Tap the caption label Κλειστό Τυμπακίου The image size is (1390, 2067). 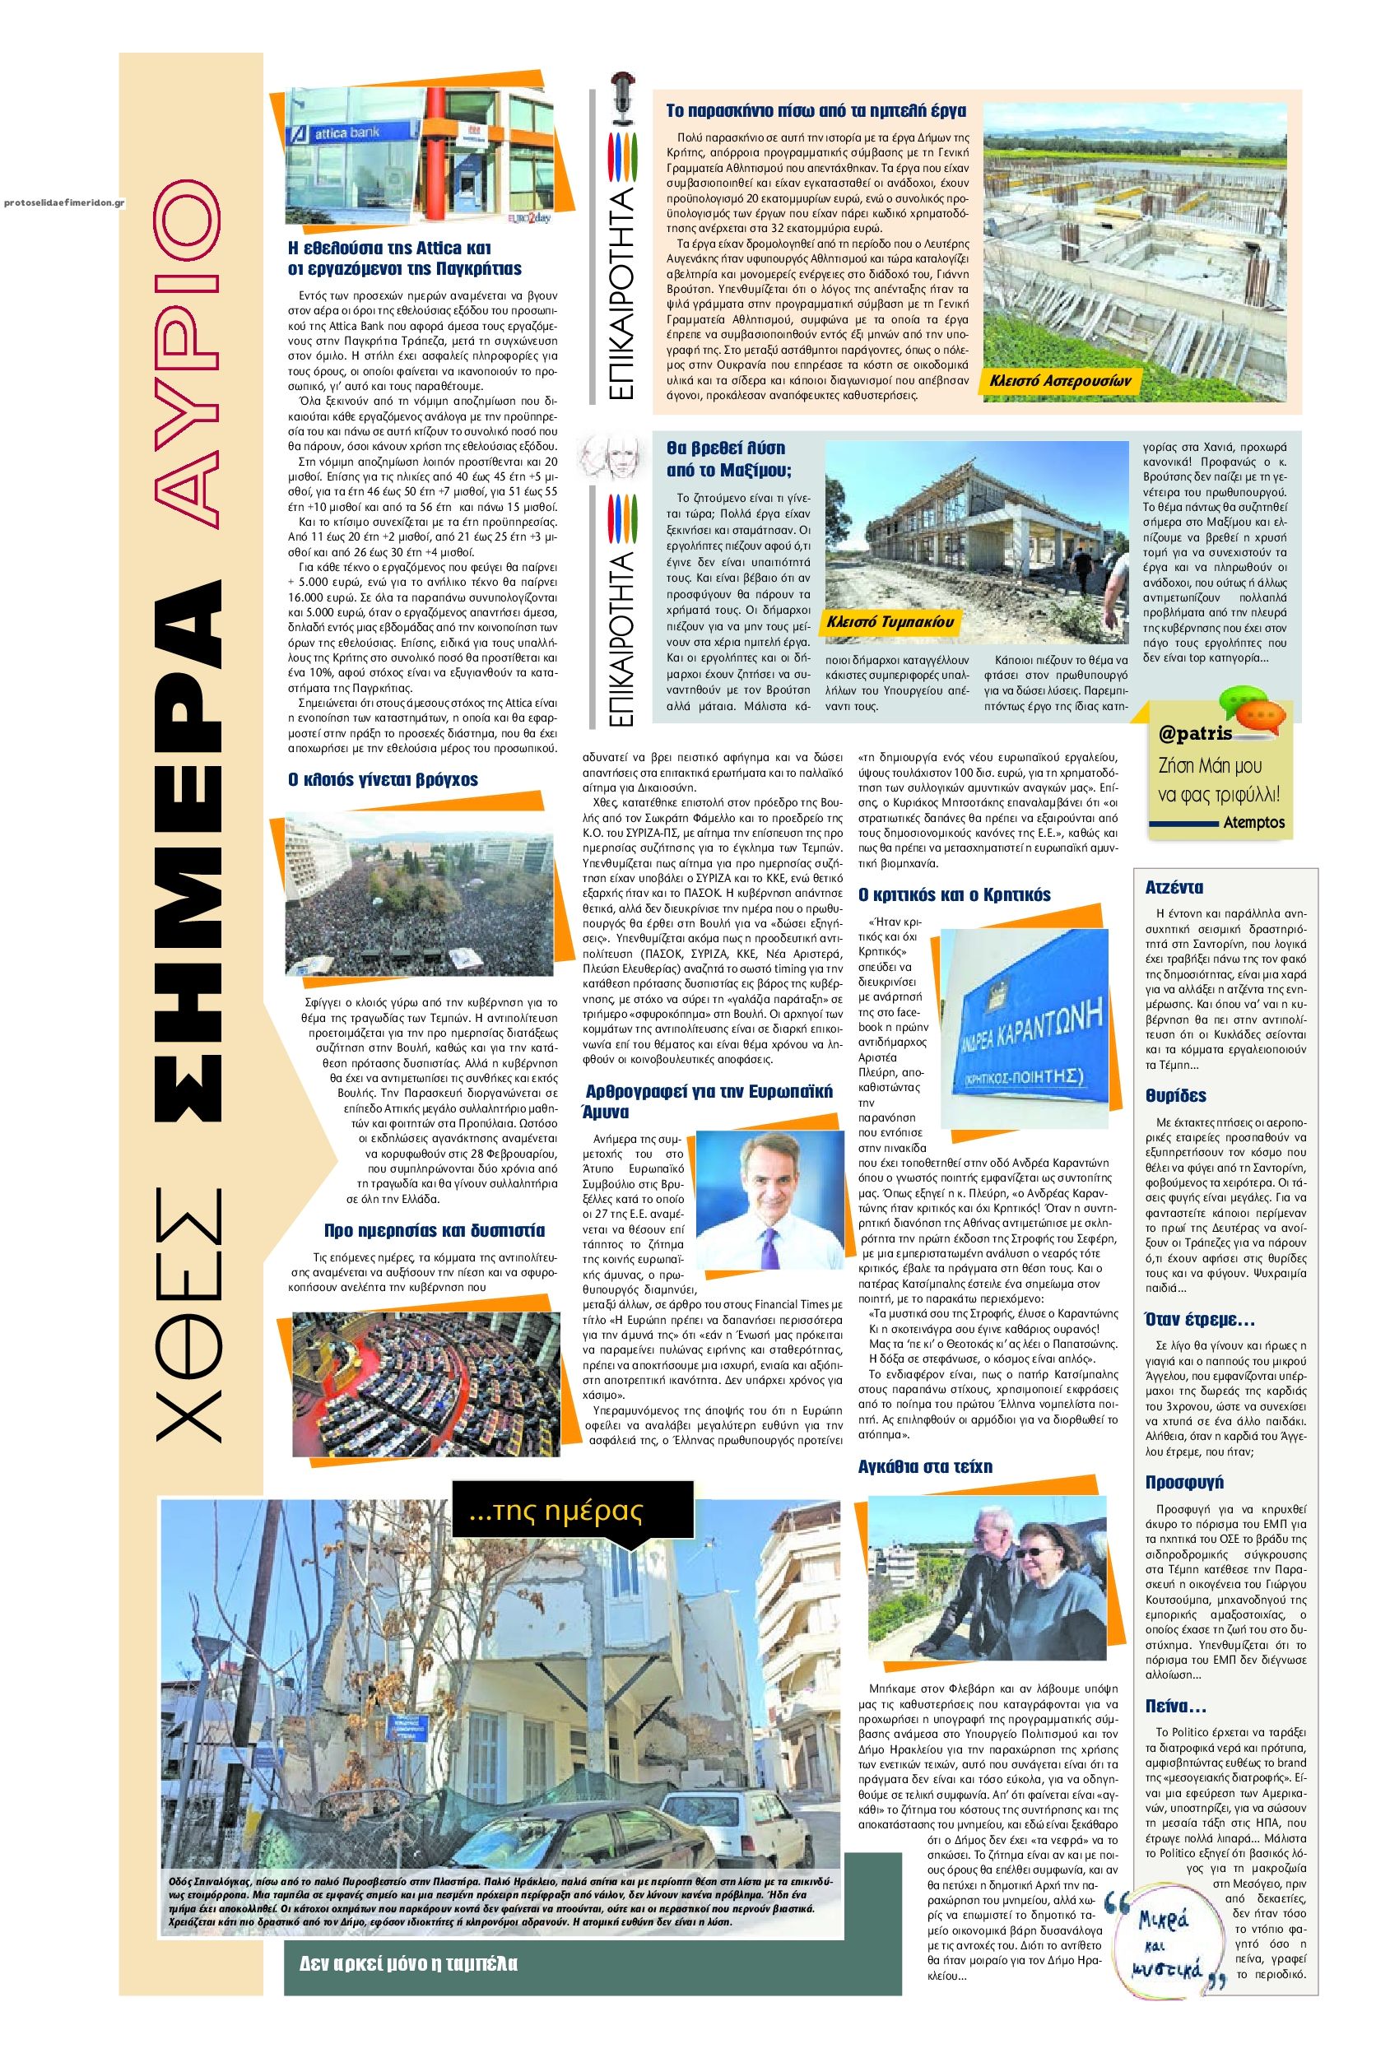(881, 622)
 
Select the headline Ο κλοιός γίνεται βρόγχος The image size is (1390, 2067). (383, 780)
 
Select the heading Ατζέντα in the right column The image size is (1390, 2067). (1174, 887)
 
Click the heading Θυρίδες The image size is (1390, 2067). (1175, 1095)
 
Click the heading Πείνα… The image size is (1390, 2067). (1175, 1707)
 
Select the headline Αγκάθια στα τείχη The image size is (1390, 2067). (926, 1466)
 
